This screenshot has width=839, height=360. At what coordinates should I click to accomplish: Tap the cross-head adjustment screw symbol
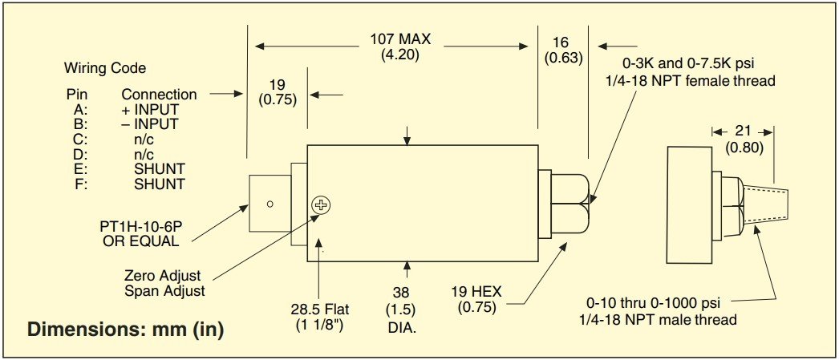coord(321,204)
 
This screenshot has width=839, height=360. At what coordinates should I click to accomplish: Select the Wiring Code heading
coord(105,68)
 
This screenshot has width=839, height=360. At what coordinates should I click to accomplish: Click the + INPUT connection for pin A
coord(150,110)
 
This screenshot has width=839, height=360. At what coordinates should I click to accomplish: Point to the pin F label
coord(82,184)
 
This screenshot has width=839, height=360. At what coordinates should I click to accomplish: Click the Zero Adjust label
coord(162,276)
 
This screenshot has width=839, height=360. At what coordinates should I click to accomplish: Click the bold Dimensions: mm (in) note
coord(125,330)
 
